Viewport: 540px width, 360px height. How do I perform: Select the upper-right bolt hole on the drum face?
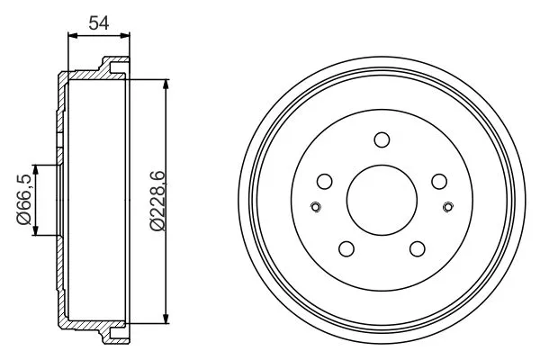[x=438, y=181]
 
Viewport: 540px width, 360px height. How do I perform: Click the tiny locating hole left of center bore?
[x=315, y=209]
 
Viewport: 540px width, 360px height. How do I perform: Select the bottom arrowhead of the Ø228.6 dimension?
[x=166, y=316]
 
